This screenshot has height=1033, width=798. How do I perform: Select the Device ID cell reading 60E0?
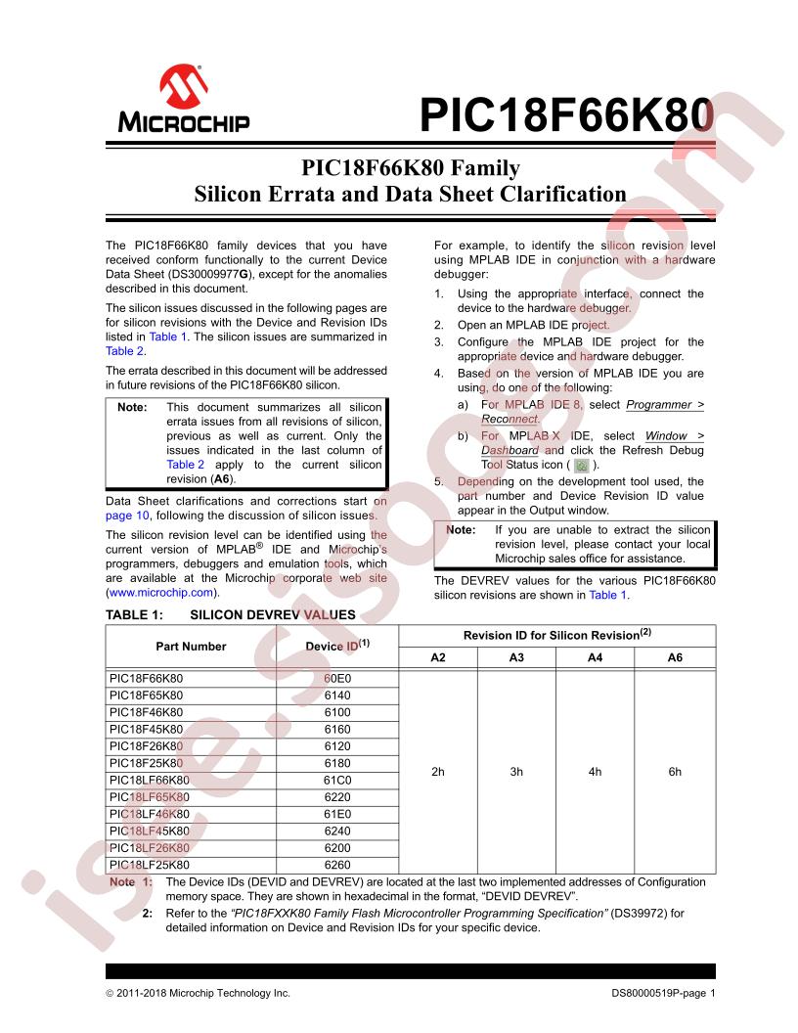pos(337,677)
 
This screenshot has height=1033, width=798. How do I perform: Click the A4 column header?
pos(595,657)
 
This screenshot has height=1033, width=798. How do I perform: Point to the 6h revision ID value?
pos(675,771)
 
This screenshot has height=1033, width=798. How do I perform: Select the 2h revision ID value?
pos(438,771)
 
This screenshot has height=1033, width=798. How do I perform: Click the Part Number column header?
pos(191,646)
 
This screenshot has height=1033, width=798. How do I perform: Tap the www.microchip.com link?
pos(162,593)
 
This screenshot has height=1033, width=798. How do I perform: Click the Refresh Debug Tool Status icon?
pos(581,466)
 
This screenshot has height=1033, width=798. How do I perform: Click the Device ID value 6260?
pos(337,865)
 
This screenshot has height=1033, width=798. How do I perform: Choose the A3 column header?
pos(516,657)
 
